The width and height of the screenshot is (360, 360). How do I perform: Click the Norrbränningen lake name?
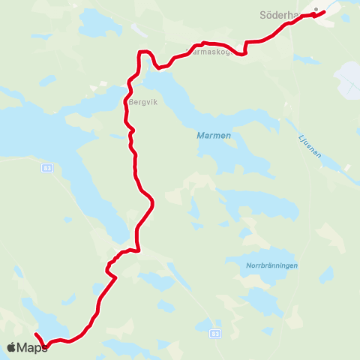tap(272, 265)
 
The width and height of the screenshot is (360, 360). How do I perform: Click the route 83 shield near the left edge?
tap(46, 169)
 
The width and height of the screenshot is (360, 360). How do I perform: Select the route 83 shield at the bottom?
tap(216, 332)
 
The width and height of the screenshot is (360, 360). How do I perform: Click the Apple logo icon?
tap(12, 346)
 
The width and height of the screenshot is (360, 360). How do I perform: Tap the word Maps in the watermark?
tap(32, 347)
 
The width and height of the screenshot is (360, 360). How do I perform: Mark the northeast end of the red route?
tap(323, 12)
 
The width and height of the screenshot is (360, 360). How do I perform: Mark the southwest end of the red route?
tap(36, 333)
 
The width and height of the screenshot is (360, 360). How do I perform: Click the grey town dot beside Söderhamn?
tap(316, 10)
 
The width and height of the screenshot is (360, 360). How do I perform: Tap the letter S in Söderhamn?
tap(262, 15)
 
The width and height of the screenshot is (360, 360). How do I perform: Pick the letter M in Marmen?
tap(199, 136)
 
